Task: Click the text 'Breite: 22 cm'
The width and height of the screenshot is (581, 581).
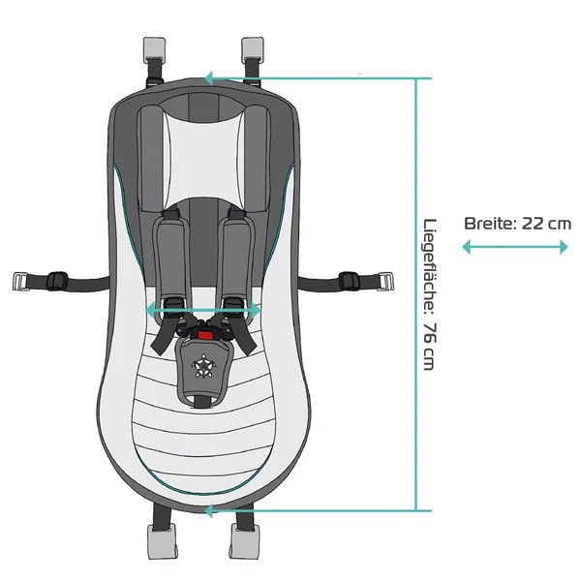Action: (x=517, y=223)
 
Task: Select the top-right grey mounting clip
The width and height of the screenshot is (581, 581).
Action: (x=253, y=46)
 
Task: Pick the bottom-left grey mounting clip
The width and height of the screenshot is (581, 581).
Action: (x=158, y=543)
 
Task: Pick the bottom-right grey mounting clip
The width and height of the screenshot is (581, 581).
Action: (x=245, y=543)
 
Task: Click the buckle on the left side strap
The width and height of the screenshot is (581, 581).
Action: (x=55, y=281)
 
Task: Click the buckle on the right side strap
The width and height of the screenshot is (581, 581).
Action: (x=350, y=281)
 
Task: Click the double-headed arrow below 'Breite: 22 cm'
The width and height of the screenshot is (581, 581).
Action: (x=515, y=247)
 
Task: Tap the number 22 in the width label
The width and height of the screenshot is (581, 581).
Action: (x=534, y=223)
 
